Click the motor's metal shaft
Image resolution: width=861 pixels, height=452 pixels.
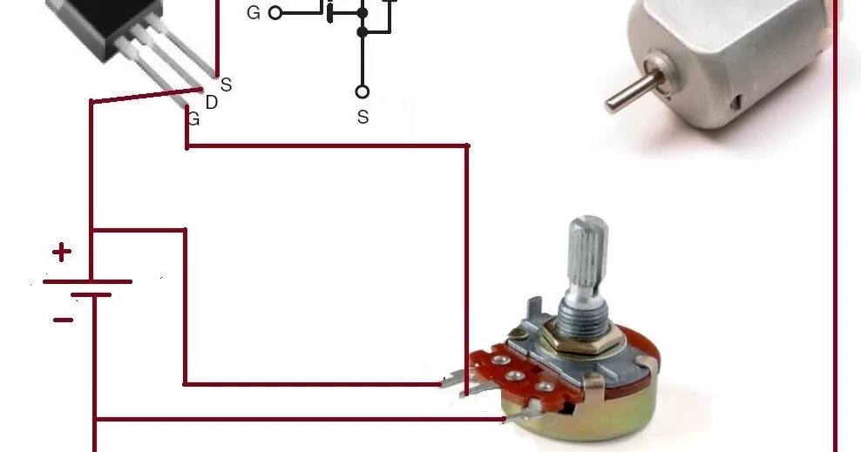pos(629,91)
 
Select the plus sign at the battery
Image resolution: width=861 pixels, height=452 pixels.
pos(61,253)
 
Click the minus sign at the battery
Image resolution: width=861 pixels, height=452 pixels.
pos(63,320)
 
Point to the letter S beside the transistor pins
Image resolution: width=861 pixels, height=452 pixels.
pos(226,84)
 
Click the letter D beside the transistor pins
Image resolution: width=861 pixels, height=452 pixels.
pos(212,103)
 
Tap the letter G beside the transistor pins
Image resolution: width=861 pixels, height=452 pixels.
pos(193,119)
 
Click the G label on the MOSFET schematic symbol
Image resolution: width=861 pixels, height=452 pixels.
pos(254,13)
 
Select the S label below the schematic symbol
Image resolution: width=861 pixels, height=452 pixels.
pos(363,117)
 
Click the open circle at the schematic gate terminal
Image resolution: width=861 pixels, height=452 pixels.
pos(275,13)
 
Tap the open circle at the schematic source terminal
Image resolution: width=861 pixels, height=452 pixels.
pos(363,91)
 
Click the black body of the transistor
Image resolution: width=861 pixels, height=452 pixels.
pos(105,26)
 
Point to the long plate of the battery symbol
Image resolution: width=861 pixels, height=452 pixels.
pos(87,281)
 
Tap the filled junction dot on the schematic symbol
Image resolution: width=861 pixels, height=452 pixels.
pos(363,32)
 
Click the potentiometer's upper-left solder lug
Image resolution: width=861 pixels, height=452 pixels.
pos(455,380)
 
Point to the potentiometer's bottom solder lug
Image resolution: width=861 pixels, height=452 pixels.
pos(519,416)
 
